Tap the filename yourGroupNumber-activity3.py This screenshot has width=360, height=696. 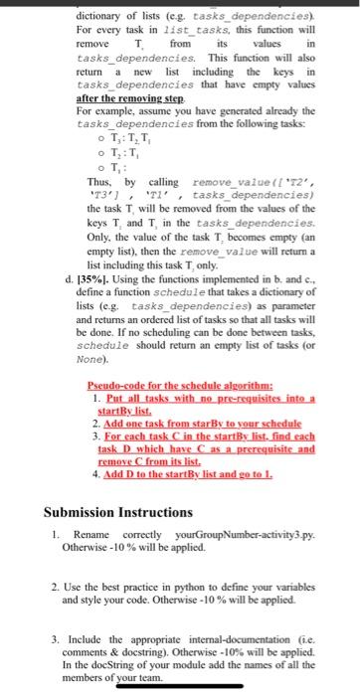234,544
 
